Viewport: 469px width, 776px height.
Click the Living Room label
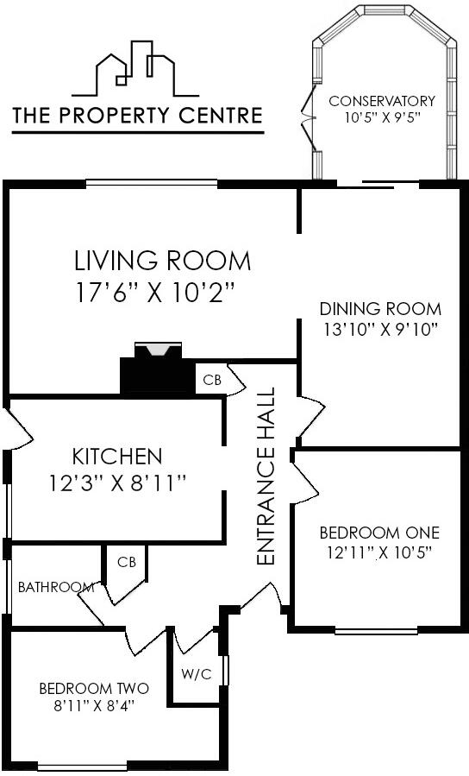pyautogui.click(x=162, y=260)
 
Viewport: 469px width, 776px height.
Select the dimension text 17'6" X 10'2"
pyautogui.click(x=155, y=293)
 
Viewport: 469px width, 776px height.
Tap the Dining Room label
pyautogui.click(x=380, y=308)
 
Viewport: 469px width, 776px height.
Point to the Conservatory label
pyautogui.click(x=382, y=101)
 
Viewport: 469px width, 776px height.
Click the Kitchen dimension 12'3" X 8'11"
pyautogui.click(x=118, y=484)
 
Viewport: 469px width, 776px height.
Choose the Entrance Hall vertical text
pyautogui.click(x=266, y=476)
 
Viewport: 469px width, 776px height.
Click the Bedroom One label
pyautogui.click(x=379, y=532)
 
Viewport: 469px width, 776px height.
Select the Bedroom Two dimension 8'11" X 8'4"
pyautogui.click(x=93, y=705)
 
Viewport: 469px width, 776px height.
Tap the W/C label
pyautogui.click(x=196, y=674)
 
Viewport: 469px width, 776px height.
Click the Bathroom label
pyautogui.click(x=56, y=587)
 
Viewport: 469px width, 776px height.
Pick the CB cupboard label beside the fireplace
pyautogui.click(x=210, y=380)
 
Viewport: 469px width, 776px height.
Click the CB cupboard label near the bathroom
pyautogui.click(x=127, y=562)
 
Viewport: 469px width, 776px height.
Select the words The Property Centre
pyautogui.click(x=137, y=115)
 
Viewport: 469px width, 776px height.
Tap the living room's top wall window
pyautogui.click(x=151, y=182)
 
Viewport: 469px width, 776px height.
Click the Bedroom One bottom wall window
pyautogui.click(x=376, y=631)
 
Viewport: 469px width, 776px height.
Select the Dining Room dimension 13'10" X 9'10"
pyautogui.click(x=380, y=328)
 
